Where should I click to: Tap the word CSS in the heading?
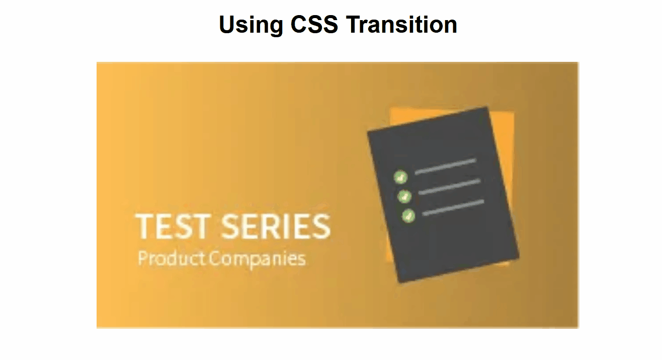pos(314,24)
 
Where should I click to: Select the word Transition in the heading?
pos(401,24)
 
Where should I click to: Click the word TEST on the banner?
pos(174,226)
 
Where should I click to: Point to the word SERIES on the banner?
pos(276,226)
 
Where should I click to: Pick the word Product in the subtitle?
pos(172,259)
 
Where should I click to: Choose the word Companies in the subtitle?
pos(258,260)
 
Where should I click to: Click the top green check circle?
pos(400,177)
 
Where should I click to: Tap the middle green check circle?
pos(404,197)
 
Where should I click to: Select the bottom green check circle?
pos(408,216)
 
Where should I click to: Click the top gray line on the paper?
pos(446,166)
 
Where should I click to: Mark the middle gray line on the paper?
pos(450,187)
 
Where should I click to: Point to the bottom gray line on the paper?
pos(453,208)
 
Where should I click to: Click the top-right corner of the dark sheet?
pos(487,107)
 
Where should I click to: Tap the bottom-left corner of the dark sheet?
pos(400,283)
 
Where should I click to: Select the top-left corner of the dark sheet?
pos(368,131)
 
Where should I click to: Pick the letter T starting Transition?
pos(354,24)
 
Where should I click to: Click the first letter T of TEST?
pos(144,226)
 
